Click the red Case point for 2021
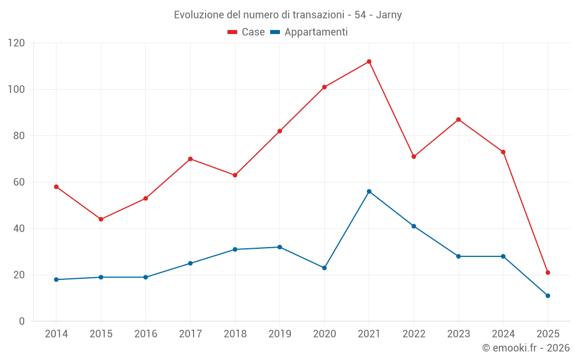click(x=369, y=62)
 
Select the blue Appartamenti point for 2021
click(x=369, y=191)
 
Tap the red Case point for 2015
click(x=101, y=219)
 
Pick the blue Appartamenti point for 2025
click(x=548, y=295)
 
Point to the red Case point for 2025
click(x=548, y=272)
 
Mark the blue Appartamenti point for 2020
click(x=324, y=268)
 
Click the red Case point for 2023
click(x=458, y=120)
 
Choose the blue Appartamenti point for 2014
click(x=56, y=279)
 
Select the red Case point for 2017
click(x=190, y=159)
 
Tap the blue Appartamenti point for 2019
click(x=280, y=247)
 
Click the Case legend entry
click(x=247, y=32)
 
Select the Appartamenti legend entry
click(x=309, y=32)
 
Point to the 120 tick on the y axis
click(x=17, y=43)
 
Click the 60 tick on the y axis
click(x=20, y=182)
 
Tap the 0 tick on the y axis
click(x=22, y=321)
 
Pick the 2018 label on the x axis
click(x=235, y=334)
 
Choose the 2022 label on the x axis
click(x=414, y=334)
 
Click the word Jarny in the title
click(x=389, y=15)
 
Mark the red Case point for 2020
click(x=324, y=87)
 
